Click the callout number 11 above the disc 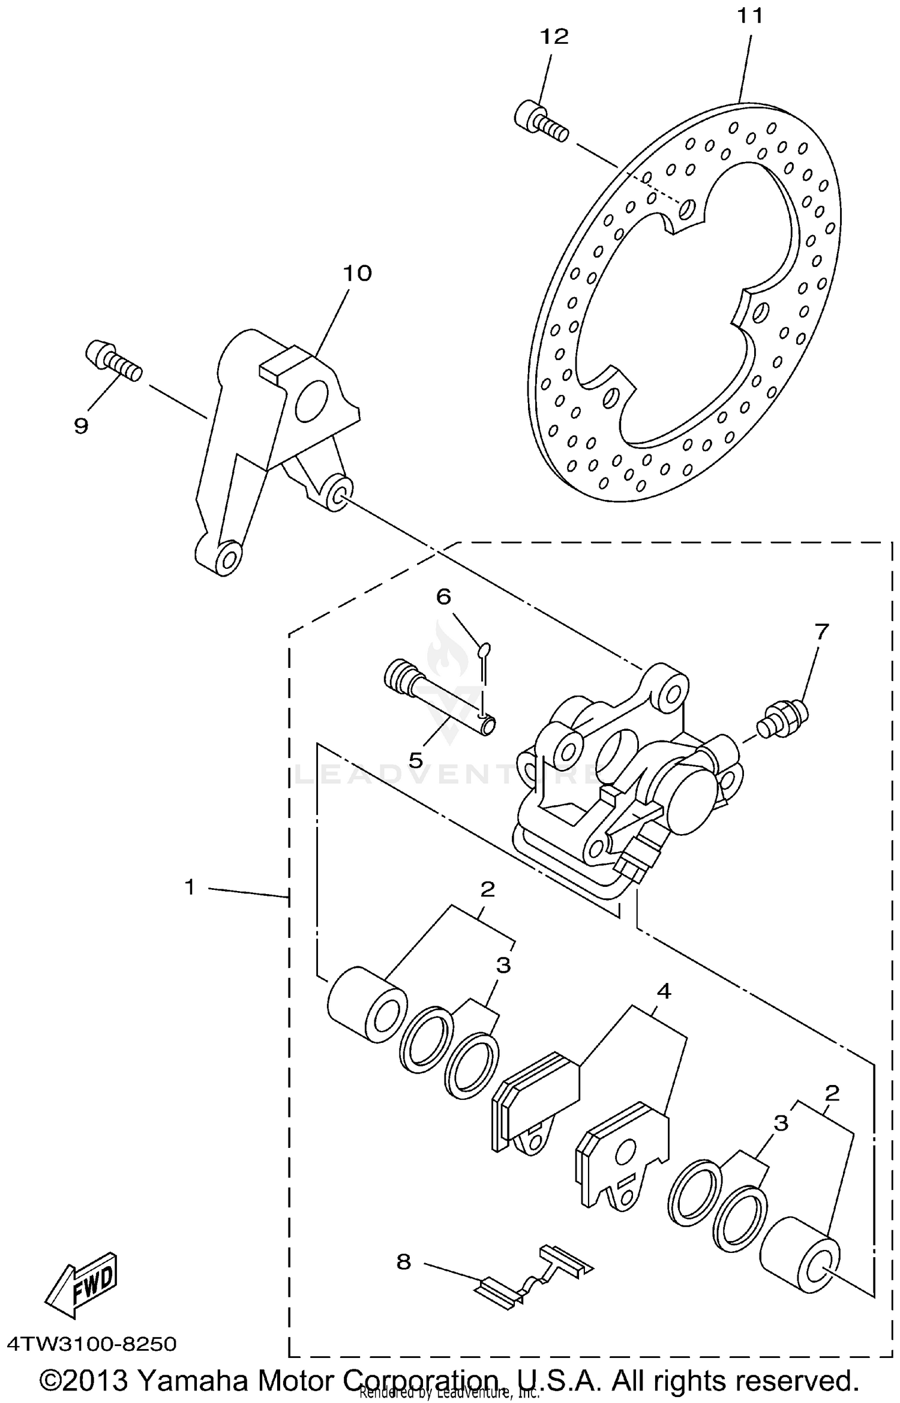pyautogui.click(x=750, y=16)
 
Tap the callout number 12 pyautogui.click(x=554, y=37)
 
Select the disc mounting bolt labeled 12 pyautogui.click(x=539, y=122)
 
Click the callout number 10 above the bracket pyautogui.click(x=357, y=274)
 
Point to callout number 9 pyautogui.click(x=81, y=425)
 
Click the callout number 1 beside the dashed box pyautogui.click(x=190, y=886)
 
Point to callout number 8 pyautogui.click(x=404, y=1261)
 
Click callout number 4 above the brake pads pyautogui.click(x=663, y=991)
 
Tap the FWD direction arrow pyautogui.click(x=82, y=1284)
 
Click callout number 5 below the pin pyautogui.click(x=416, y=760)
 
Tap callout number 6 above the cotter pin pyautogui.click(x=443, y=596)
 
